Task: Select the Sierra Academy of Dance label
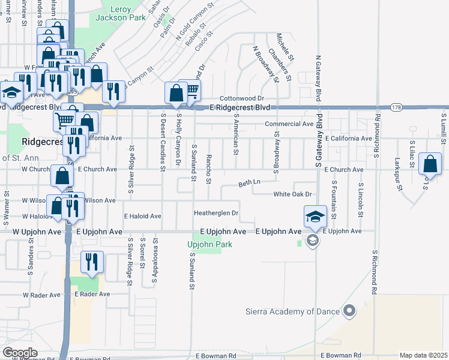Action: [293, 311]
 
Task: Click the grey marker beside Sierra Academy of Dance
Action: [349, 311]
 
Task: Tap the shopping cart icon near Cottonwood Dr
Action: [191, 91]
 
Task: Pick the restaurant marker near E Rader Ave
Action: [92, 262]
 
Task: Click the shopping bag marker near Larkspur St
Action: [430, 164]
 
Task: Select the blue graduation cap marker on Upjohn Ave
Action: [315, 217]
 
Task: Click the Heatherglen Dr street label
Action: [216, 213]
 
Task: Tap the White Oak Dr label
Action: [293, 194]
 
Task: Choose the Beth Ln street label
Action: [249, 182]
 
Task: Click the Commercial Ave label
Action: [290, 124]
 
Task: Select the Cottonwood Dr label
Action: [242, 98]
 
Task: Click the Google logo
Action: [19, 353]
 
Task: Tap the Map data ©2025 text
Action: [423, 355]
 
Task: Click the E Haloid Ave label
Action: [142, 216]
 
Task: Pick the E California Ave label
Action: [348, 139]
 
